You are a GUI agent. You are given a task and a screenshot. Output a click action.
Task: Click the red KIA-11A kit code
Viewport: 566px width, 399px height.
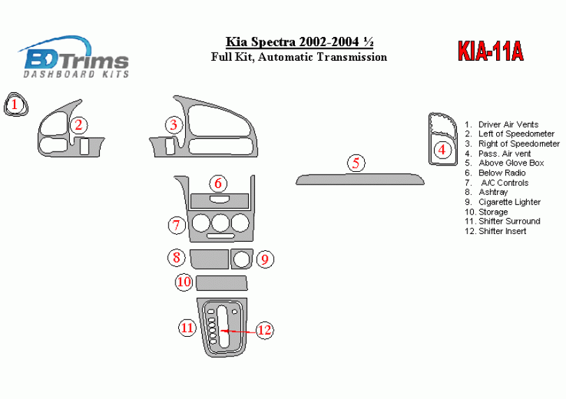pos(491,52)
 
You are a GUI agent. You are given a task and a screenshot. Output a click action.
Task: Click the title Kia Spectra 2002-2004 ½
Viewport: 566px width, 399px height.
pos(299,42)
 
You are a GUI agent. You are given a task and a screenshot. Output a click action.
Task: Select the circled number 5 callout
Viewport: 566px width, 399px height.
pos(356,164)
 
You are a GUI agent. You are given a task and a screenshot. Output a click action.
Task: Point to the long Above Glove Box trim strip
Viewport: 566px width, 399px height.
pos(360,180)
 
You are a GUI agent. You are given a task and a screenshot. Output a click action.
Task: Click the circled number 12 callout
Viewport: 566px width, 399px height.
pos(265,330)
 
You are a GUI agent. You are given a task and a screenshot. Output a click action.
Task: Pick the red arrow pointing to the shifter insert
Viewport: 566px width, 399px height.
pos(240,331)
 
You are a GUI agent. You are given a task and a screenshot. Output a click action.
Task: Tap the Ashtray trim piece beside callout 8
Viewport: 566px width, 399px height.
pos(210,259)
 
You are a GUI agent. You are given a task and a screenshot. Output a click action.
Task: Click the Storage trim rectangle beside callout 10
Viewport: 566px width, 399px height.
pos(222,283)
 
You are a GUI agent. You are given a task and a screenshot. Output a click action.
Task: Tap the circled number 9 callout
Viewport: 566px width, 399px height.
pos(266,259)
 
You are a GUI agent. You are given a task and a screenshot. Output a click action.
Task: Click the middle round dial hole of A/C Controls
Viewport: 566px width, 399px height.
pos(220,223)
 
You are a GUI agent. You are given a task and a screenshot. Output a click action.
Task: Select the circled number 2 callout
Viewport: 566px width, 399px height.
pos(79,125)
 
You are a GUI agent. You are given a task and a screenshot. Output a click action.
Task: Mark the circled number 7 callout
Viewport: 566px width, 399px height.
pos(177,225)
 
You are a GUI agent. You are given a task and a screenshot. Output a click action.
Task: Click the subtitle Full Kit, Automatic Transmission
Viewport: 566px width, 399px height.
pos(299,57)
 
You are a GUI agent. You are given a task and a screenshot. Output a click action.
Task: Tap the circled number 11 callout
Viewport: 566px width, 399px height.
pos(187,328)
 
